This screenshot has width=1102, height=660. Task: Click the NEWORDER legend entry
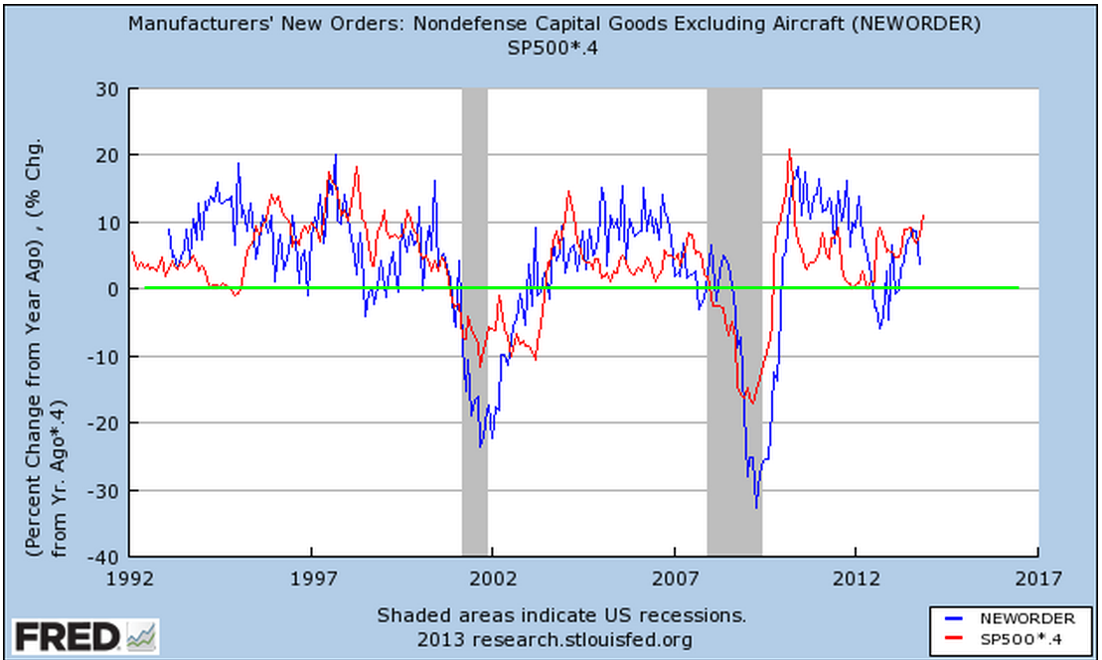[1024, 618]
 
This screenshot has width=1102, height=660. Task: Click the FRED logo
[84, 635]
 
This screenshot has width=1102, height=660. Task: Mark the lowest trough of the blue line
[756, 508]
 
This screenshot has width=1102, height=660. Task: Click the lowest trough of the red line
[752, 403]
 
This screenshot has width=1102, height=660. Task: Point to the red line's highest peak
[789, 150]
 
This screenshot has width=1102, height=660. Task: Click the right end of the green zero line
[1018, 288]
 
